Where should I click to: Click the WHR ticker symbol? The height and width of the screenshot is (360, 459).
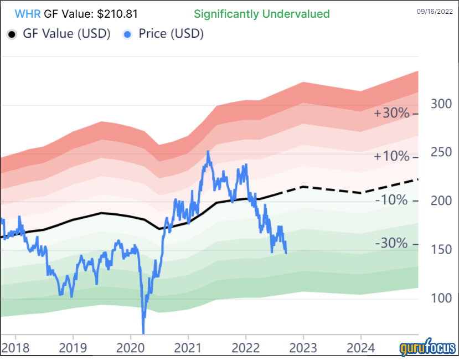tap(27, 14)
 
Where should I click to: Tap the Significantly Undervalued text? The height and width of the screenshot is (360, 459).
tap(261, 14)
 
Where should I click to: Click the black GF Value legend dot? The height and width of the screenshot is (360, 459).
tap(12, 34)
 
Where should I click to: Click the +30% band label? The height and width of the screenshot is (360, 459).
tap(391, 113)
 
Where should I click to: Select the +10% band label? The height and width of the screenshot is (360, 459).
tap(391, 157)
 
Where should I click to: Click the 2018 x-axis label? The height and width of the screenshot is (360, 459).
tap(15, 348)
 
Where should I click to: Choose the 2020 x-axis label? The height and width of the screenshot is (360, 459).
tap(130, 348)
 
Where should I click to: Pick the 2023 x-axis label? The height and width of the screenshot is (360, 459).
tap(303, 348)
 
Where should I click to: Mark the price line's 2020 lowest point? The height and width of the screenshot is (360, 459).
tap(143, 332)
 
